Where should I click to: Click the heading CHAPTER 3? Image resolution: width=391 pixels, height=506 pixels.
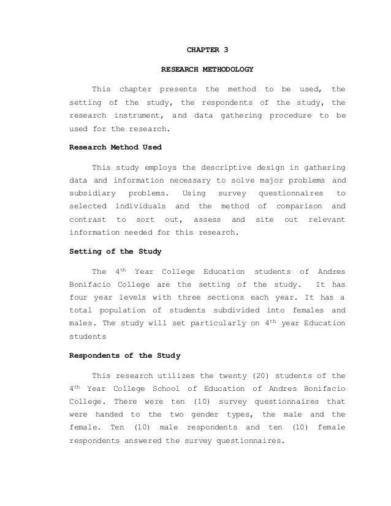pos(207,47)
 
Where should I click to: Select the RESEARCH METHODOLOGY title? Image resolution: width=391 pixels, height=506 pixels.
pos(207,69)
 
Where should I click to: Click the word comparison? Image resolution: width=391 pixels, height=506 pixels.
pos(294,206)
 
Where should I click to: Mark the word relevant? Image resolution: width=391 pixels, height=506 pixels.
pos(327,219)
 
